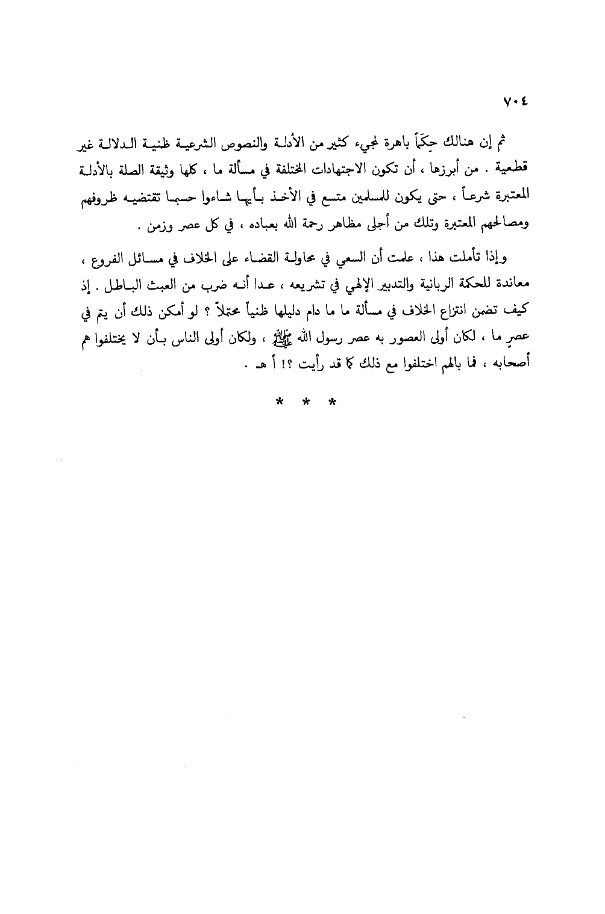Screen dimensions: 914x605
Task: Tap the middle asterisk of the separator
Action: [303, 401]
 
